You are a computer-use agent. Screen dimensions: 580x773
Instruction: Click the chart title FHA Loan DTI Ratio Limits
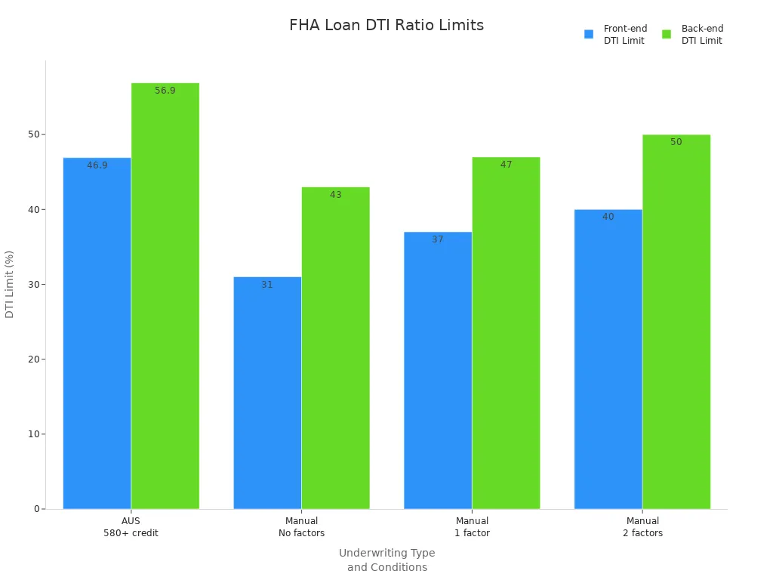tap(386, 25)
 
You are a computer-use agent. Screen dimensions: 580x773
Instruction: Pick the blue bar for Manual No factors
tap(267, 393)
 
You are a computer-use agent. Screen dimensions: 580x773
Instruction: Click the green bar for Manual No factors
tap(335, 347)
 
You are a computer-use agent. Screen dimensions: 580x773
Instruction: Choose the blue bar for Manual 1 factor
tap(438, 370)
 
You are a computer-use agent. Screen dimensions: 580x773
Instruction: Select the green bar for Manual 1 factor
tap(506, 332)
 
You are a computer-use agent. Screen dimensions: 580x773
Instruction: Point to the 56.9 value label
tap(165, 91)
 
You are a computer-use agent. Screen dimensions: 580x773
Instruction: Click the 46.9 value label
tap(97, 165)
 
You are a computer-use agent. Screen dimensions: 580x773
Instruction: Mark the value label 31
tap(267, 285)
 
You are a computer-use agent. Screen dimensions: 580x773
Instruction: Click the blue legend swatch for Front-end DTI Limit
tap(589, 34)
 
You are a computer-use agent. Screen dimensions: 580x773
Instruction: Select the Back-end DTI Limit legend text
tap(702, 35)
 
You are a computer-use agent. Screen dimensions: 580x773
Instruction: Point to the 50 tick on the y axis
tap(33, 134)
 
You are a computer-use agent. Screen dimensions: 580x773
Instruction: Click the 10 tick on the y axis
tap(33, 434)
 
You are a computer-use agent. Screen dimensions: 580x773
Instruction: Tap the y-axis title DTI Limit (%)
tap(10, 284)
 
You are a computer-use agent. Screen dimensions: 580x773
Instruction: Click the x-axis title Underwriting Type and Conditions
tap(386, 560)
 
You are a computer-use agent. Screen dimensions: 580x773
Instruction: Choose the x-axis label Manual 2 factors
tap(642, 526)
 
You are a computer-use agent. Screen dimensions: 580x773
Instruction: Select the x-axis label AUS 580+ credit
tap(131, 526)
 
